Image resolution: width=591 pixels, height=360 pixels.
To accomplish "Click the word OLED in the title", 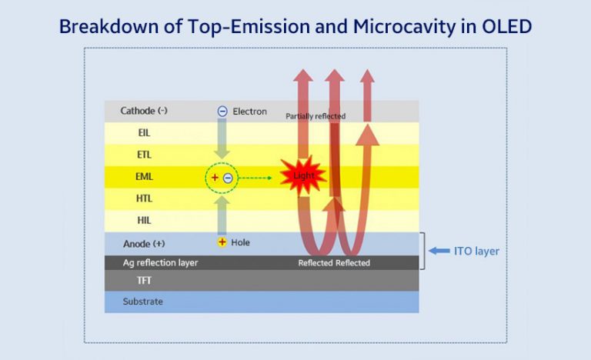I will tap(504, 26).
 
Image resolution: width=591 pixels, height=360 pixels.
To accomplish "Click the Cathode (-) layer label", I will tap(144, 111).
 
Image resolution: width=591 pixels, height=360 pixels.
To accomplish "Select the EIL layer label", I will tap(144, 132).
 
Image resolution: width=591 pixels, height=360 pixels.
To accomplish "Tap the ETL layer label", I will tap(144, 155).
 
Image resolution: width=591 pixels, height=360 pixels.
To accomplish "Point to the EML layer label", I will tap(144, 176).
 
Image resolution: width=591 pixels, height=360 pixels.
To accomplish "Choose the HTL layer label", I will tap(144, 198).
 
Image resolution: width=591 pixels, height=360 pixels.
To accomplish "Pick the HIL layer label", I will tap(144, 220).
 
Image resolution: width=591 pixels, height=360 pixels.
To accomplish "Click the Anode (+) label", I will tap(144, 243).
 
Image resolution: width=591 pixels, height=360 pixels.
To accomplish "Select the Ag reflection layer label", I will tap(160, 262).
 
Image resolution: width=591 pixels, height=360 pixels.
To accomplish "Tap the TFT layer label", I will tap(144, 281).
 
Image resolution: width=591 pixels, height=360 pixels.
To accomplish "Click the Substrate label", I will tap(143, 302).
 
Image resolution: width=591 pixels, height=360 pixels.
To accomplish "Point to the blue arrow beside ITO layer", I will tap(439, 251).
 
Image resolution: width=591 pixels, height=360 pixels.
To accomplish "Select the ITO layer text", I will tap(477, 251).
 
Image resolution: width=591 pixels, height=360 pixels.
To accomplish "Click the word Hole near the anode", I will tap(240, 242).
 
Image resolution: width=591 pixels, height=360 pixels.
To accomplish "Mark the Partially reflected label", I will tap(316, 116).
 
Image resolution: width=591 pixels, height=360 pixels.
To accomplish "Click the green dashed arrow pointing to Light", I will tap(260, 178).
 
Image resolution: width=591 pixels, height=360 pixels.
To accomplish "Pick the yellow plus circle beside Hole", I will tap(222, 242).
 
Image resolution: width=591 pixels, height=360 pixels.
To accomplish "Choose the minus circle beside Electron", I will tap(222, 112).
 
